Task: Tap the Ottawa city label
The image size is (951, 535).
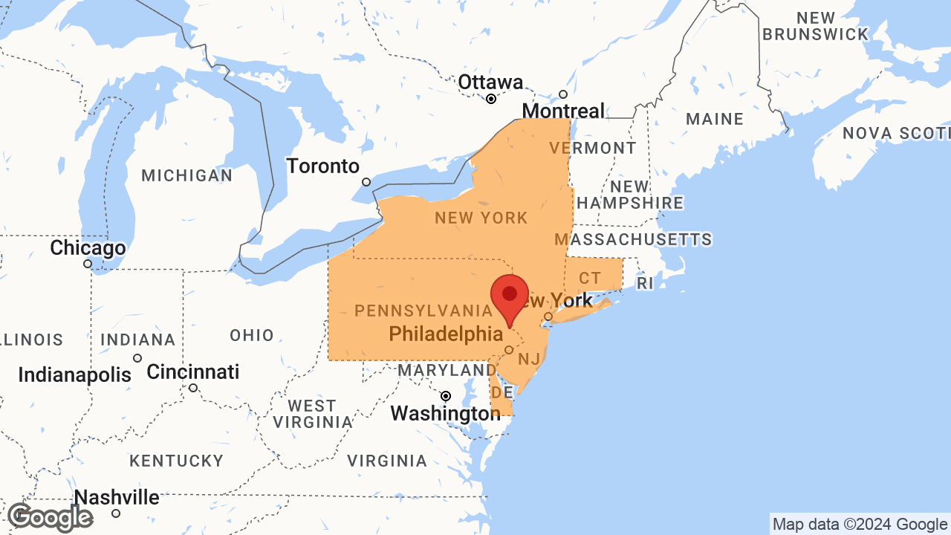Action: click(490, 82)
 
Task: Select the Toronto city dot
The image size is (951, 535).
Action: click(366, 182)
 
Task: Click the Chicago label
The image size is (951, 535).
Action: click(88, 247)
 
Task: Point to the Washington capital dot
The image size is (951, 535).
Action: click(446, 396)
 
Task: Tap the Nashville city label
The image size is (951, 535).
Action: click(117, 497)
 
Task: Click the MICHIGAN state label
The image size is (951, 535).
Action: click(187, 176)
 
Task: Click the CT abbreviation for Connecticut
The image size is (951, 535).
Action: click(590, 279)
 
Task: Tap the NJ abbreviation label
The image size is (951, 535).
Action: click(529, 360)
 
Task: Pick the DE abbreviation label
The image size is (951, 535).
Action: click(502, 392)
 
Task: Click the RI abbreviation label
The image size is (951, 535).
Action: click(644, 283)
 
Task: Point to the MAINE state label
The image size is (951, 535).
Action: click(715, 119)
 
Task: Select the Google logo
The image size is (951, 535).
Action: click(50, 517)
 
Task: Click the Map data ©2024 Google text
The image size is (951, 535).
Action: click(860, 525)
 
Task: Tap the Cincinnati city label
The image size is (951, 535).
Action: click(193, 372)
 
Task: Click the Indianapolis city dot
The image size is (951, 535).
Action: click(137, 358)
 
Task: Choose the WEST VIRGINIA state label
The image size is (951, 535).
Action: click(312, 414)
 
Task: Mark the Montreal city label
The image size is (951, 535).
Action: click(563, 111)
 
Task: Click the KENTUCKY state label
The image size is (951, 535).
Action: click(176, 461)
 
